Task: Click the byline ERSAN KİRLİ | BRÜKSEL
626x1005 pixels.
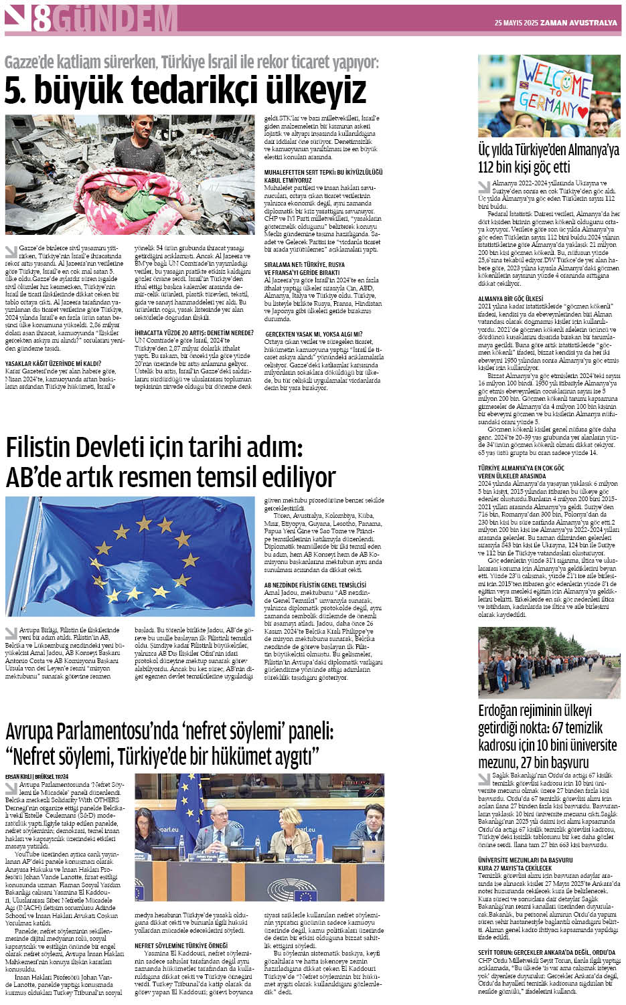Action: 37,776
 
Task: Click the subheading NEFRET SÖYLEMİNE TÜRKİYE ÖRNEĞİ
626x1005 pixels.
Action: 181,945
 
